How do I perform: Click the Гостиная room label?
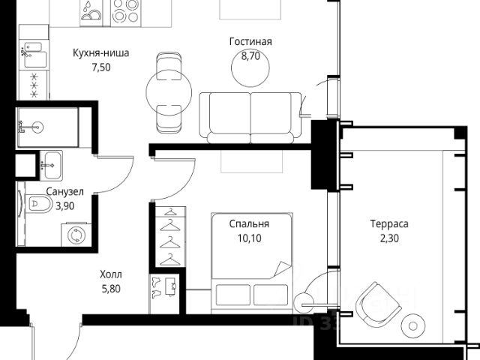(x=250, y=42)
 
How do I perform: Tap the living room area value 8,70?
(x=250, y=56)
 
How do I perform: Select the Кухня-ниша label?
(x=101, y=53)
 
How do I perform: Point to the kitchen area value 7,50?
(x=101, y=67)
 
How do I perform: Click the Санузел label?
(x=65, y=192)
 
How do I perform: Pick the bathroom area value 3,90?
(x=65, y=206)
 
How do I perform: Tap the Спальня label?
(x=249, y=224)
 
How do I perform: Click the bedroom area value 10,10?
(x=250, y=238)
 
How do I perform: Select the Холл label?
(x=111, y=274)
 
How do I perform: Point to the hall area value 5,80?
(x=111, y=289)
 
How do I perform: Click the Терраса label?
(x=389, y=224)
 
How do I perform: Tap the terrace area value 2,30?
(x=389, y=238)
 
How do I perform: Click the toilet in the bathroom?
(x=38, y=203)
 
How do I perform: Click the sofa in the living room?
(x=250, y=118)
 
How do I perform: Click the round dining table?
(x=169, y=92)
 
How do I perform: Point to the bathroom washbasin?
(x=52, y=165)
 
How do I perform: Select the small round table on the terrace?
(x=413, y=326)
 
